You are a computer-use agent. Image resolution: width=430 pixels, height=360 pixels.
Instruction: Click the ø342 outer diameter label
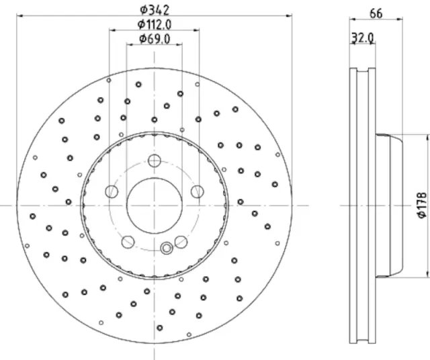coord(154,9)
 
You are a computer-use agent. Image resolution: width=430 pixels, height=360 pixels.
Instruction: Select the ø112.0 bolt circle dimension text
coord(154,24)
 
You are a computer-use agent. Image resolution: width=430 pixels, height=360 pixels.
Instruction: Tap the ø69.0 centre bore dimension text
coord(154,38)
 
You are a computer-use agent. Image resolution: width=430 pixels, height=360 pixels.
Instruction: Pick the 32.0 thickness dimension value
coord(363,39)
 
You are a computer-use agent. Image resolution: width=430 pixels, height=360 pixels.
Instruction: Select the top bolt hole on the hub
coord(154,161)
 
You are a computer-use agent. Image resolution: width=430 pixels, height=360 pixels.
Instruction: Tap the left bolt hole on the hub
coord(112,192)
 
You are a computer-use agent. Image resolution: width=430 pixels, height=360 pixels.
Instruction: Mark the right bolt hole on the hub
coord(196,192)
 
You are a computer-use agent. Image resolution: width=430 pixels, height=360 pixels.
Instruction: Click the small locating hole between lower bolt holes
coord(166,248)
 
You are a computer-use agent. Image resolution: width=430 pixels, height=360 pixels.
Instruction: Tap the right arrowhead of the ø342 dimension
coord(290,16)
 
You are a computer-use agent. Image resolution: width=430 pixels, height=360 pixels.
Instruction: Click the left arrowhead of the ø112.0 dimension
coord(111,30)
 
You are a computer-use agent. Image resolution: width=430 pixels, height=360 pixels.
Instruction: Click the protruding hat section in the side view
coord(388,205)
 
